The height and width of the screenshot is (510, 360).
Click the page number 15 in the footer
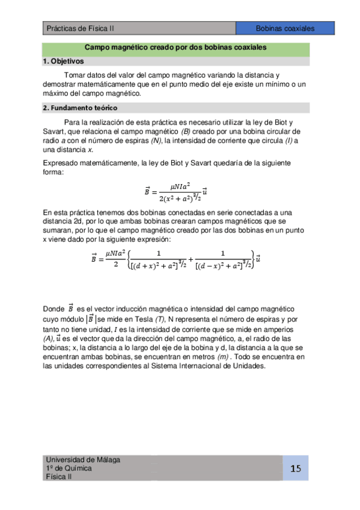tap(296, 469)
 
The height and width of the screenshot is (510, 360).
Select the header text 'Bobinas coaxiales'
tap(285, 28)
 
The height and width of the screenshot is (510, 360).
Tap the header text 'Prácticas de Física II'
tap(80, 28)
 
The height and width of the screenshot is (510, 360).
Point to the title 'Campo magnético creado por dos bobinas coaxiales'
tap(175, 47)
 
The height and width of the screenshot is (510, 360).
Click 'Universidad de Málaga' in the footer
tap(83, 460)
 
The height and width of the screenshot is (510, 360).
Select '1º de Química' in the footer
tap(69, 469)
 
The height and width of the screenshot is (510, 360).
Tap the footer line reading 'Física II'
tap(59, 476)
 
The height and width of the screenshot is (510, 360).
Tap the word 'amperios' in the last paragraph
tap(278, 330)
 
